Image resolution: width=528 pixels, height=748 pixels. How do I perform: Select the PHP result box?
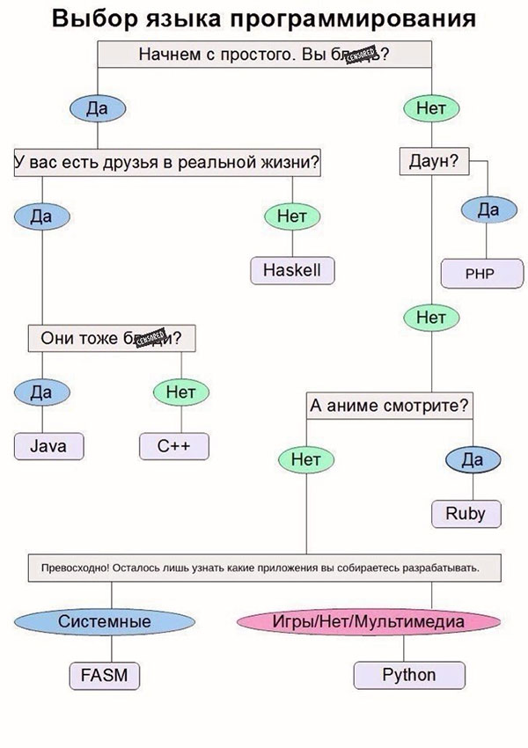click(x=480, y=273)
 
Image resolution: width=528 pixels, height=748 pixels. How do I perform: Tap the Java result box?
click(x=48, y=446)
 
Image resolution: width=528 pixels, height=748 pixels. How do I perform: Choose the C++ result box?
click(x=174, y=446)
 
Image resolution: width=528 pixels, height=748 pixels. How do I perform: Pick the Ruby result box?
click(x=466, y=513)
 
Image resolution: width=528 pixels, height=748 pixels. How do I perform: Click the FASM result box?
click(x=104, y=675)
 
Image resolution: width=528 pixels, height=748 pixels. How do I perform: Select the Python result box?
click(x=408, y=675)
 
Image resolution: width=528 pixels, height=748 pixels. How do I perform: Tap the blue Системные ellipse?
click(x=104, y=621)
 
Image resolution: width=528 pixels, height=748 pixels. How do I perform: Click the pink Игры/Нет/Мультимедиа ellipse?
click(x=368, y=621)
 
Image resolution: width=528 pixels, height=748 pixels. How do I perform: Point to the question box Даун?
click(x=434, y=163)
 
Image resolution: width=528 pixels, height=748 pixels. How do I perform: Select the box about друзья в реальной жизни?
click(x=167, y=164)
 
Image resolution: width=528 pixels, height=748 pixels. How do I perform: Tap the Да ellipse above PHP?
click(x=488, y=210)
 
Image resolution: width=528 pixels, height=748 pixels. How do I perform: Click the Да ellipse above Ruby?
click(x=473, y=459)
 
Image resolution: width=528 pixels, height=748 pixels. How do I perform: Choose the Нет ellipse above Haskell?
click(x=291, y=216)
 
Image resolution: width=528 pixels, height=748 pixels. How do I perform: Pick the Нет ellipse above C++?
click(x=180, y=390)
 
